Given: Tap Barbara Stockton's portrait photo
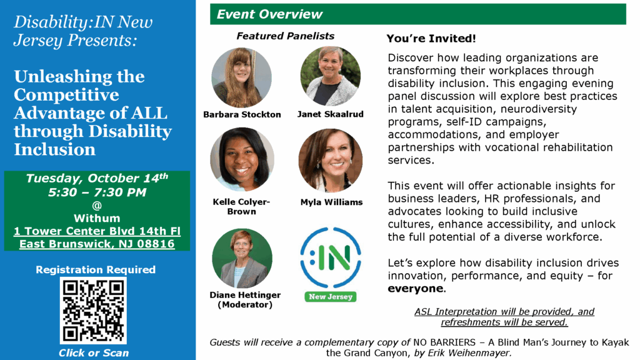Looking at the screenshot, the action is [242, 77].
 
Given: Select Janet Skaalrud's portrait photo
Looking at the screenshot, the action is [330, 76].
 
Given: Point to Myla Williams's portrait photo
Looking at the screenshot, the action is [330, 161].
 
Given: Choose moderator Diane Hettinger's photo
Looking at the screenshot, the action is [242, 258].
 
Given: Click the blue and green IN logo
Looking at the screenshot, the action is [330, 257].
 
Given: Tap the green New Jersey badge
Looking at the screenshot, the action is [331, 297].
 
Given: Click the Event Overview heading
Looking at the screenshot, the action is [270, 14].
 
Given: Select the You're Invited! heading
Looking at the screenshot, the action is [431, 39].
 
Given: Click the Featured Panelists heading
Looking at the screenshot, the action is [285, 36].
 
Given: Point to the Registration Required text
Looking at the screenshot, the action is [96, 270].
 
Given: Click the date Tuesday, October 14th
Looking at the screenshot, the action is [97, 179].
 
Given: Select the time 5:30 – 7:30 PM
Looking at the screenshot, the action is [97, 192].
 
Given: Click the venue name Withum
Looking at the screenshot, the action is [97, 218].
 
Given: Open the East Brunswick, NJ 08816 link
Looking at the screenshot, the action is [97, 244].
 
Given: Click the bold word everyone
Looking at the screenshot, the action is [415, 289].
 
